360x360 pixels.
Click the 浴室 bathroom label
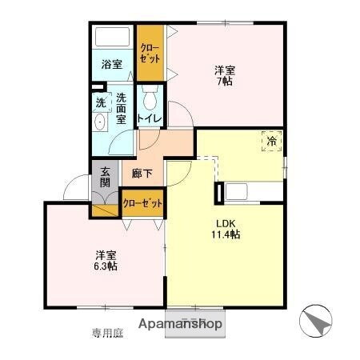(x=111, y=64)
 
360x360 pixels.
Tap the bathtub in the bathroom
(x=112, y=38)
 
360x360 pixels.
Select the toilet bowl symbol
(x=150, y=98)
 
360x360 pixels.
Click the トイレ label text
(x=150, y=119)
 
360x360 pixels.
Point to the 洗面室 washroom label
(x=122, y=108)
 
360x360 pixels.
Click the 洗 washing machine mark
(x=101, y=102)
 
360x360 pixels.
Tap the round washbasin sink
(x=100, y=122)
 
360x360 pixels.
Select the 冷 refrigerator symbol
(x=273, y=142)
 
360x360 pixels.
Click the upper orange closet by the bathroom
(x=150, y=53)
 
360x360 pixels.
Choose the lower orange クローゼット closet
(x=143, y=203)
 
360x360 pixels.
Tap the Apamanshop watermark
(x=182, y=325)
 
